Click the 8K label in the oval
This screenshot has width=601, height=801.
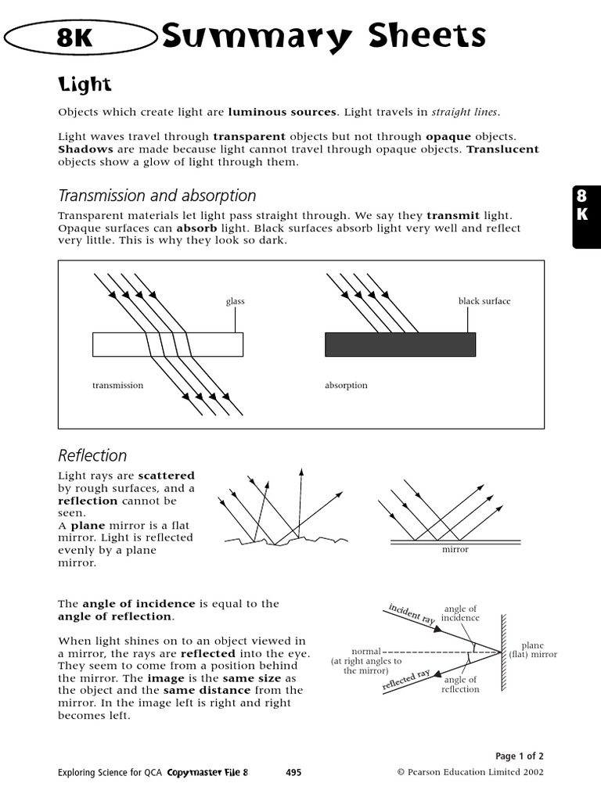75,38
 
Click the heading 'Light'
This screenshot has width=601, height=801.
85,84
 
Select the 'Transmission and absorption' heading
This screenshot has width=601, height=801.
157,196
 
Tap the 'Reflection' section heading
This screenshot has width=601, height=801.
92,455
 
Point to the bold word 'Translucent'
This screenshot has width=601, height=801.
502,149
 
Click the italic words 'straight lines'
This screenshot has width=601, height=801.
465,112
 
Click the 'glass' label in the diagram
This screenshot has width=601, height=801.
236,301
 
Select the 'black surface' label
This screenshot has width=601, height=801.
484,301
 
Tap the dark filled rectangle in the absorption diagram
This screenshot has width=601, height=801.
400,344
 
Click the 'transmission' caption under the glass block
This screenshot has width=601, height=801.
117,386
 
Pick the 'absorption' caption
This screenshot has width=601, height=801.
346,386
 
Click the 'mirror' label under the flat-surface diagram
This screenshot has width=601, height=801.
455,550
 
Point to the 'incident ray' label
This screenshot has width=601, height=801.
412,614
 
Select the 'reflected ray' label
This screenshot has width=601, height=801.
407,680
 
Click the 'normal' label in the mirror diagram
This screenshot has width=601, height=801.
366,651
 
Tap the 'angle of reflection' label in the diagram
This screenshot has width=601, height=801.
460,684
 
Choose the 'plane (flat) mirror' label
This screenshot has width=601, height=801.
533,650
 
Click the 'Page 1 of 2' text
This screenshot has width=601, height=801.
520,756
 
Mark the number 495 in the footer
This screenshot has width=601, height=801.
293,772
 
